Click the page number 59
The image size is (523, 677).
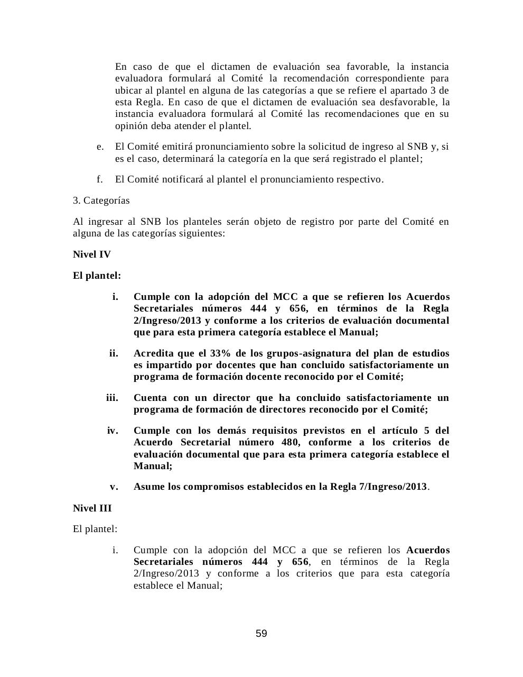pos(261,634)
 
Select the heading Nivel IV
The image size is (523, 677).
pos(92,254)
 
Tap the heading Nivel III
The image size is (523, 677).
pos(92,508)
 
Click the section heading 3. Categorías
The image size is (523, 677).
pos(101,200)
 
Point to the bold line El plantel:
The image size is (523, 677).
pos(97,276)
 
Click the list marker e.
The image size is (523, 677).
pos(100,147)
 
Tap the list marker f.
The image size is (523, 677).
pos(99,179)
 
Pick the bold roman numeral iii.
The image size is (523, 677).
pos(112,398)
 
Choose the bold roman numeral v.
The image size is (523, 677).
pos(114,487)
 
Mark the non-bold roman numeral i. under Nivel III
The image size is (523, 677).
pos(115,550)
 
